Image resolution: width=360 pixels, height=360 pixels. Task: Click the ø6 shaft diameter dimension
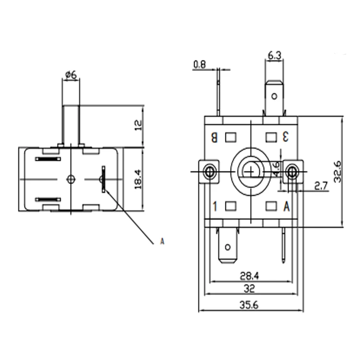tap(71, 74)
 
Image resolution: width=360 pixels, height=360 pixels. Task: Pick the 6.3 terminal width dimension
tap(275, 56)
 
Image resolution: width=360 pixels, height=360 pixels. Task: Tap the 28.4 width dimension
tap(250, 276)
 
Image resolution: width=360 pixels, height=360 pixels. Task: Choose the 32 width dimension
tap(249, 288)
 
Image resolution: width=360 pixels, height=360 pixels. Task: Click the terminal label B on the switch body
tap(215, 137)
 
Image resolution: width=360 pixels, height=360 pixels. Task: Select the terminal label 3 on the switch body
tap(285, 137)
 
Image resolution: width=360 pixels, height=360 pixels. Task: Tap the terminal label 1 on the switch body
tap(215, 206)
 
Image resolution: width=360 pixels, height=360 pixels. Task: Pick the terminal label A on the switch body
tap(287, 206)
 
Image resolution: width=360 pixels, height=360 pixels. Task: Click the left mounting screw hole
tap(209, 171)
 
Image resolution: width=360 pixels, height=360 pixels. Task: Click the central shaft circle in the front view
tap(251, 170)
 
